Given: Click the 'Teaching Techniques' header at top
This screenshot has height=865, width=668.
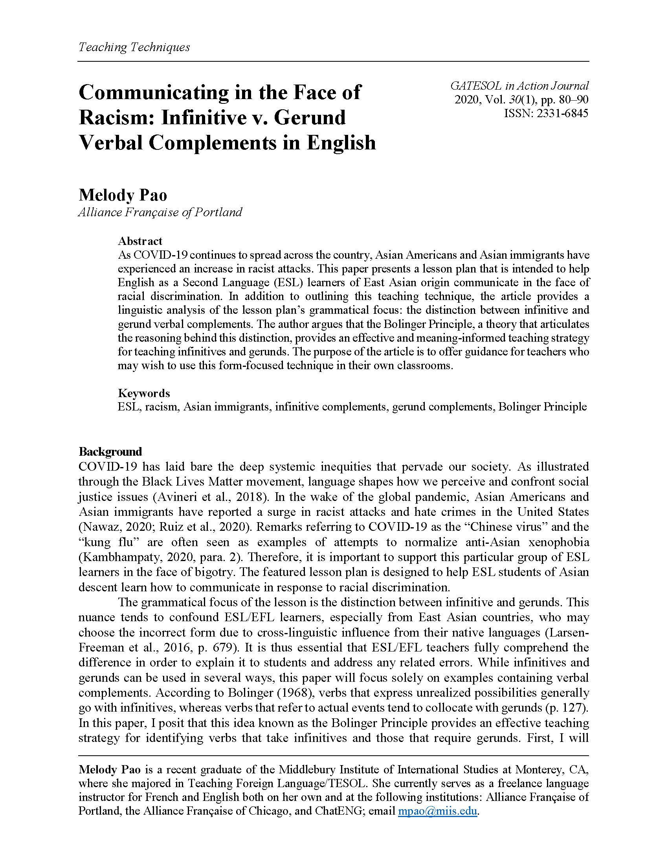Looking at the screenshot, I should [x=134, y=47].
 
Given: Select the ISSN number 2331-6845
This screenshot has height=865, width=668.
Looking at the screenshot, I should [x=562, y=114].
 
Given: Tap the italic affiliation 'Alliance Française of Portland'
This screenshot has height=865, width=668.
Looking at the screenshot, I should [x=160, y=212].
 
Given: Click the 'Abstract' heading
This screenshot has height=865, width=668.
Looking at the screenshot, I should [x=140, y=241].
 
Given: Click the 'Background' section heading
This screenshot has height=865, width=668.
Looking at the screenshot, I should [x=110, y=451].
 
